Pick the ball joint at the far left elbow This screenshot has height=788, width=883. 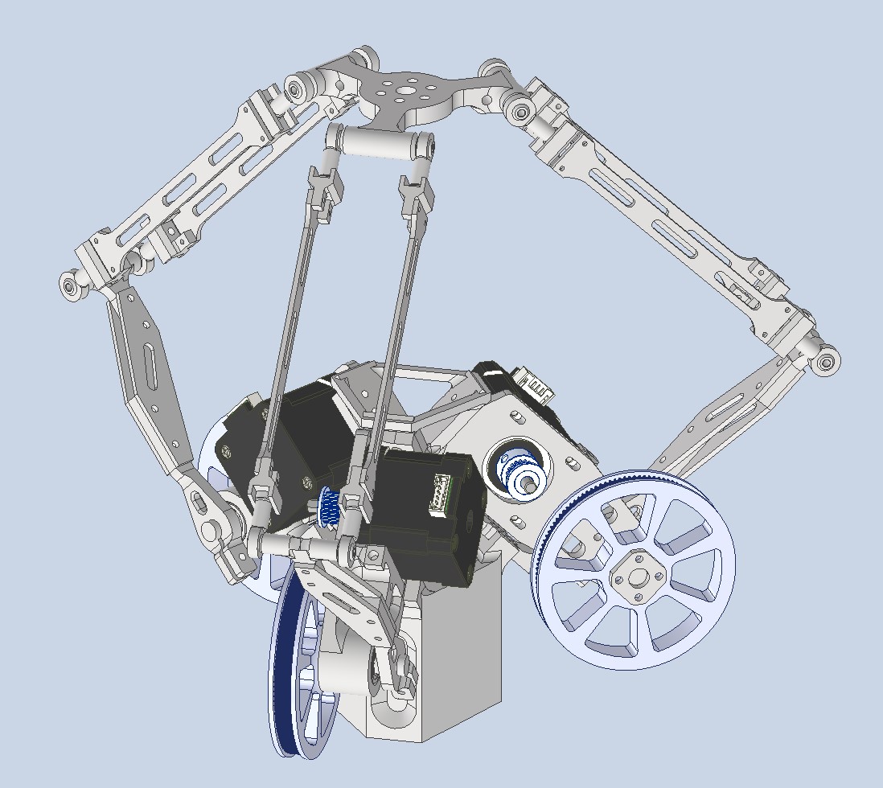click(72, 283)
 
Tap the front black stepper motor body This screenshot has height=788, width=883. click(418, 515)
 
